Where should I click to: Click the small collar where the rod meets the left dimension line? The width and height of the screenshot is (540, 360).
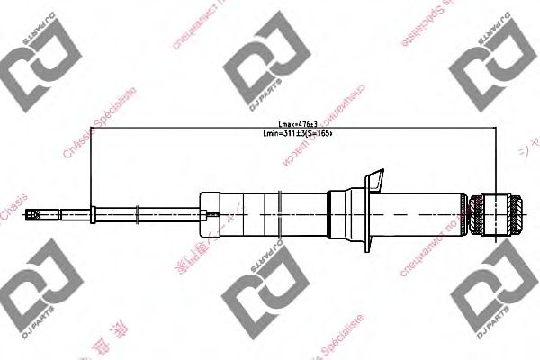(94, 214)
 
